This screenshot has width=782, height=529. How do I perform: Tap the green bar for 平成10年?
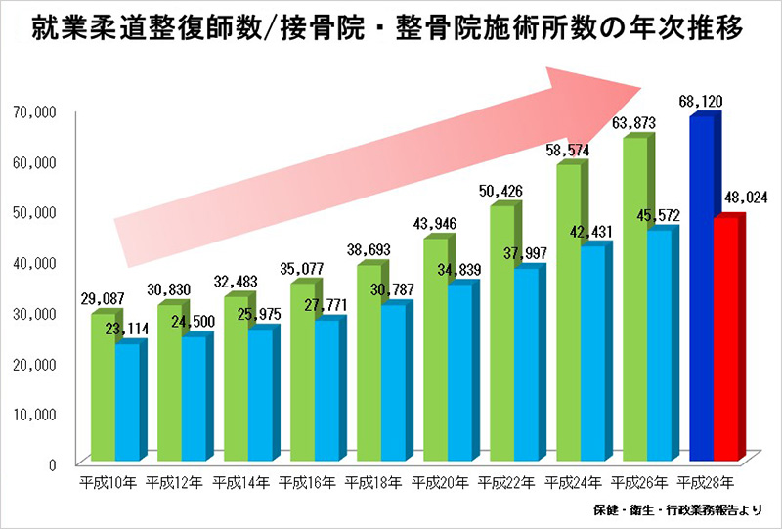103,387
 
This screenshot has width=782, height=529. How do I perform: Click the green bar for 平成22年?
501,332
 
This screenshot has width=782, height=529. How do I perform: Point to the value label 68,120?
702,100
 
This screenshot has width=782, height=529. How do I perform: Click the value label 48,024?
746,198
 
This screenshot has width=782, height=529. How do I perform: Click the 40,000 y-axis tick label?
37,263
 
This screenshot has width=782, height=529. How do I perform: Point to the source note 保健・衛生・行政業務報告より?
681,511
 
